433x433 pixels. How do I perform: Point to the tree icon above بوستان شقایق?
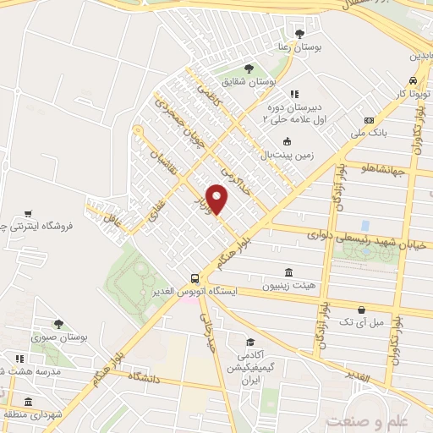tap(248, 69)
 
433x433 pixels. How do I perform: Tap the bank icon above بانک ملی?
tap(369, 120)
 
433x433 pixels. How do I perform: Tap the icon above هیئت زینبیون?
tap(290, 272)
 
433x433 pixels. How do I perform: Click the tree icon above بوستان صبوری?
tap(58, 323)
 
